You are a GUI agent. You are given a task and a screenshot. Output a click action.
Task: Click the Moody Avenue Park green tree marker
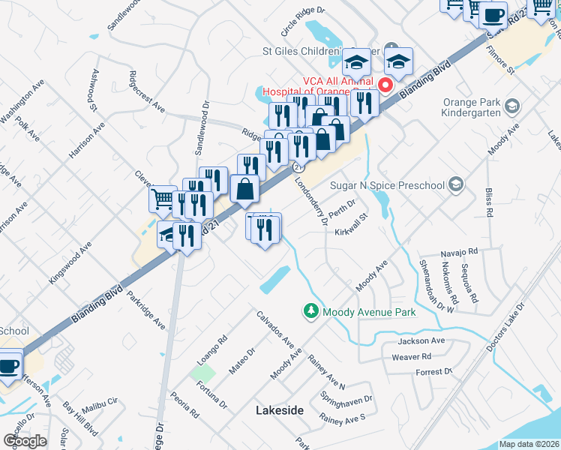point(310,310)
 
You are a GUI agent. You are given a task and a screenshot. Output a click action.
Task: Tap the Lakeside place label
point(280,410)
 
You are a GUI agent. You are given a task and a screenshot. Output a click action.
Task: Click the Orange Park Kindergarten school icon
point(512,106)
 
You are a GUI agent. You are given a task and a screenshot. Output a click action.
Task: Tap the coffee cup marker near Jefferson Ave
point(9,367)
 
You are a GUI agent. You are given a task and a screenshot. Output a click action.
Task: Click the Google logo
point(25,441)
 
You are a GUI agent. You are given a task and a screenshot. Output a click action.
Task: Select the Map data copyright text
point(529,444)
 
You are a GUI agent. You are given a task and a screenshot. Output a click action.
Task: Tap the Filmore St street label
point(499,61)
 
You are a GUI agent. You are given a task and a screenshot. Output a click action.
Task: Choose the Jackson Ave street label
point(421,340)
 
